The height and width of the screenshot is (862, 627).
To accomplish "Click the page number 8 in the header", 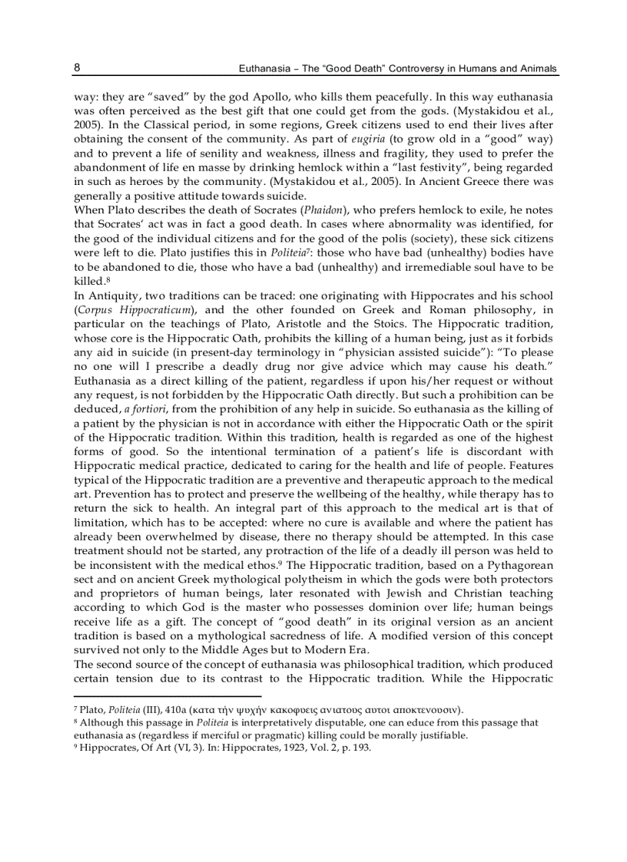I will click(78, 68).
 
